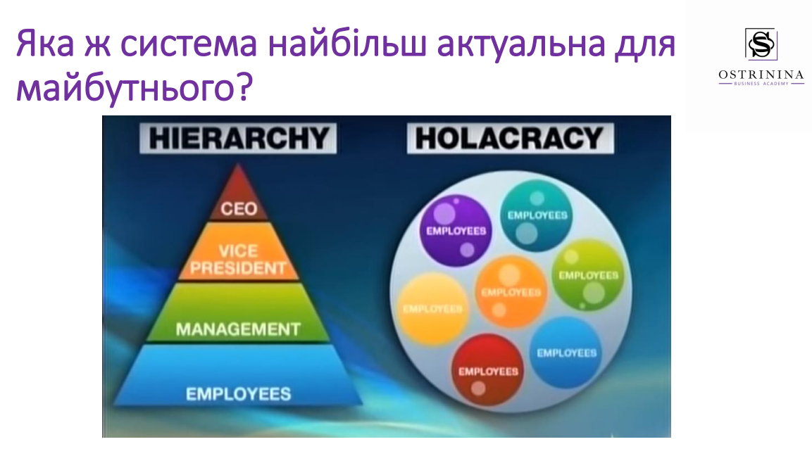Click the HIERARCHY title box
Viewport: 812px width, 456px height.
click(238, 138)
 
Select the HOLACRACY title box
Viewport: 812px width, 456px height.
click(510, 138)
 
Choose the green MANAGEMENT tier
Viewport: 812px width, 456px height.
click(238, 313)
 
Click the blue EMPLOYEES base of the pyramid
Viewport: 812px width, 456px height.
click(238, 375)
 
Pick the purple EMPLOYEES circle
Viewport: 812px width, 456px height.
click(456, 231)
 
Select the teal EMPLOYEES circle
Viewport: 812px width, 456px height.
click(537, 216)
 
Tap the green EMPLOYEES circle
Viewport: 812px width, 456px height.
click(588, 275)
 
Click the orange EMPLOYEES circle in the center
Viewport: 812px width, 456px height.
click(511, 292)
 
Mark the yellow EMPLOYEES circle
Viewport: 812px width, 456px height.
click(433, 309)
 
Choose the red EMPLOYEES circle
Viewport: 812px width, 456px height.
click(488, 370)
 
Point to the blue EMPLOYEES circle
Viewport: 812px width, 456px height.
click(566, 353)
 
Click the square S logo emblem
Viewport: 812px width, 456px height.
click(761, 44)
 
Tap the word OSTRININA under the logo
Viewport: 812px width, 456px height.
click(761, 75)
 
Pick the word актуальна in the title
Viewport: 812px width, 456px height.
click(521, 44)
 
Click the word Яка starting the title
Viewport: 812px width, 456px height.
click(46, 44)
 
